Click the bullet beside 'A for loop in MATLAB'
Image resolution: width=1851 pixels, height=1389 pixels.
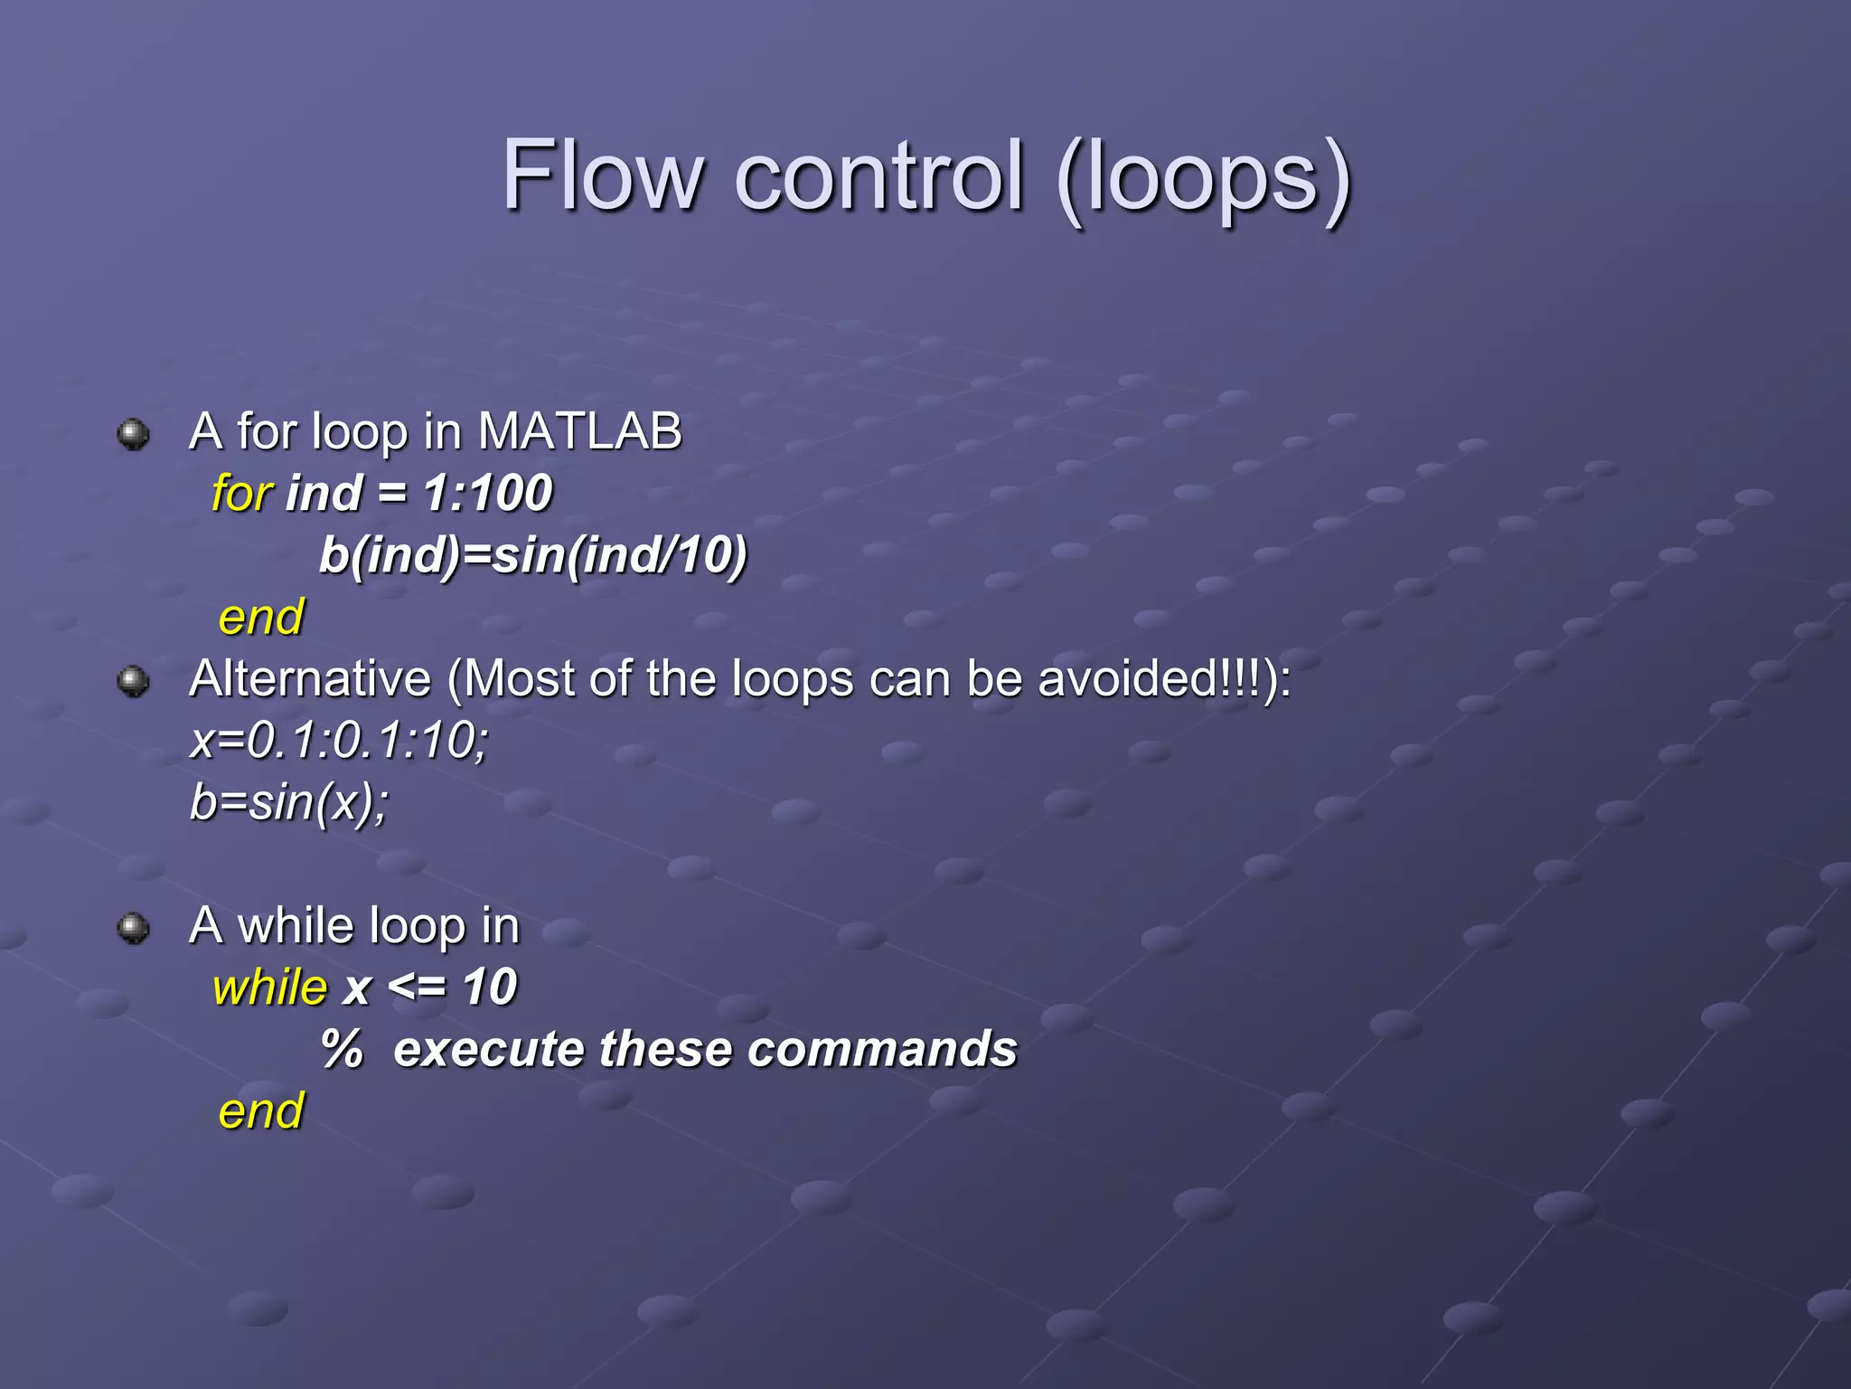(x=134, y=434)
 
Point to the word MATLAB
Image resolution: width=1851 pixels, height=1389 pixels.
(x=579, y=431)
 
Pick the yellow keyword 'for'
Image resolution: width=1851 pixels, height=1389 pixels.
(x=241, y=494)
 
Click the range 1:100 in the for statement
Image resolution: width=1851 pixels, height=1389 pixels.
(x=488, y=494)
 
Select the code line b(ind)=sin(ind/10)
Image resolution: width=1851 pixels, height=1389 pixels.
(x=533, y=555)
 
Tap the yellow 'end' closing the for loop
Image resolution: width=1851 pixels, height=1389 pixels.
(x=261, y=618)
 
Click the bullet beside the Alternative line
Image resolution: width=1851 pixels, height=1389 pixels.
(x=134, y=682)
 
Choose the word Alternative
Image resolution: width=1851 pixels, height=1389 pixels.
(x=310, y=678)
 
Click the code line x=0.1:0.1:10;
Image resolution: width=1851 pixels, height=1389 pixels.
(x=340, y=741)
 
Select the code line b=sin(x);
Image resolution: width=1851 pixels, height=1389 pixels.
(x=289, y=802)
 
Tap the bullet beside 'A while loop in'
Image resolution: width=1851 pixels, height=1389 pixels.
(x=134, y=928)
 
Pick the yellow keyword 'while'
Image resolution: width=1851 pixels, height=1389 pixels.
(x=269, y=987)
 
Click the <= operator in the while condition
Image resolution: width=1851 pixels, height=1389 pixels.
(x=416, y=987)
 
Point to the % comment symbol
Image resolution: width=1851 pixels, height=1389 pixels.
(x=343, y=1049)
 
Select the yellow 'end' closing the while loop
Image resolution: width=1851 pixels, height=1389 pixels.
(x=261, y=1111)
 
